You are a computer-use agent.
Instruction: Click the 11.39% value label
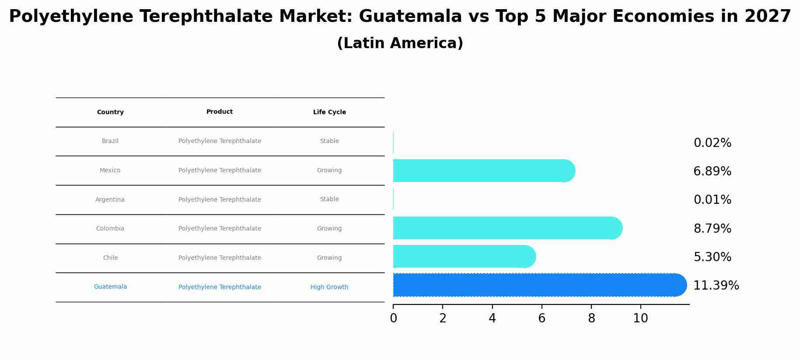(716, 286)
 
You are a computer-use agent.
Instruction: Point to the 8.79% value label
(712, 228)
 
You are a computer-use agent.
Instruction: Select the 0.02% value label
(712, 143)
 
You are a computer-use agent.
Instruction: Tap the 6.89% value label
(712, 171)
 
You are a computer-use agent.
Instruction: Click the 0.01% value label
(712, 200)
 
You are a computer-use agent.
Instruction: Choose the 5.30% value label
(712, 257)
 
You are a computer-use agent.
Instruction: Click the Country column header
(110, 112)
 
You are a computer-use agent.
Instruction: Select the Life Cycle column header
(329, 112)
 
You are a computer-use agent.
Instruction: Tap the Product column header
(220, 112)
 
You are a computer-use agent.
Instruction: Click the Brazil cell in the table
(110, 141)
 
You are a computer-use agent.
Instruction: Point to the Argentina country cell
(110, 200)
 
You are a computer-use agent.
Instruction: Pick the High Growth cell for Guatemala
(329, 287)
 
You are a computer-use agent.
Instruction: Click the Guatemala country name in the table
(110, 287)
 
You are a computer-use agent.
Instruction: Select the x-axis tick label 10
(640, 318)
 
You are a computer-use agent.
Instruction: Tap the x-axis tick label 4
(492, 318)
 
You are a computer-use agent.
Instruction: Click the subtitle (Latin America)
(400, 43)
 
